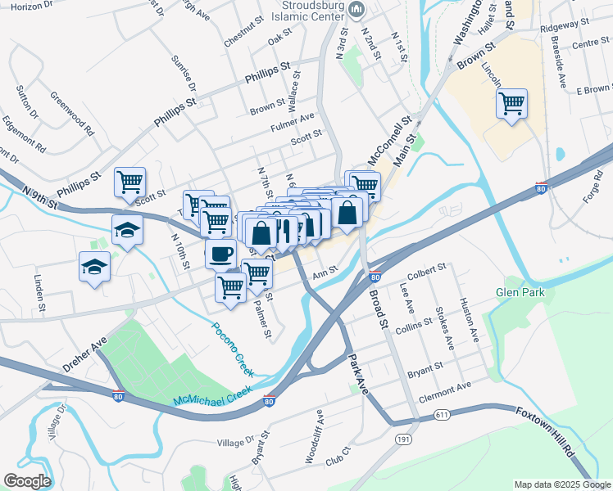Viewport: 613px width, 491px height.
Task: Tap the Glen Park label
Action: [519, 292]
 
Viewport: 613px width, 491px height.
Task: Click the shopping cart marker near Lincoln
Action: [511, 104]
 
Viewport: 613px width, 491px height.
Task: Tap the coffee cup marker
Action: [220, 254]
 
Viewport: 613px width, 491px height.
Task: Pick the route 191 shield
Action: [403, 439]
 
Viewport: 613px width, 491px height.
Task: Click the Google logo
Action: [27, 480]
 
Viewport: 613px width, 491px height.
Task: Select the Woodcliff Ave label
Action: [314, 443]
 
